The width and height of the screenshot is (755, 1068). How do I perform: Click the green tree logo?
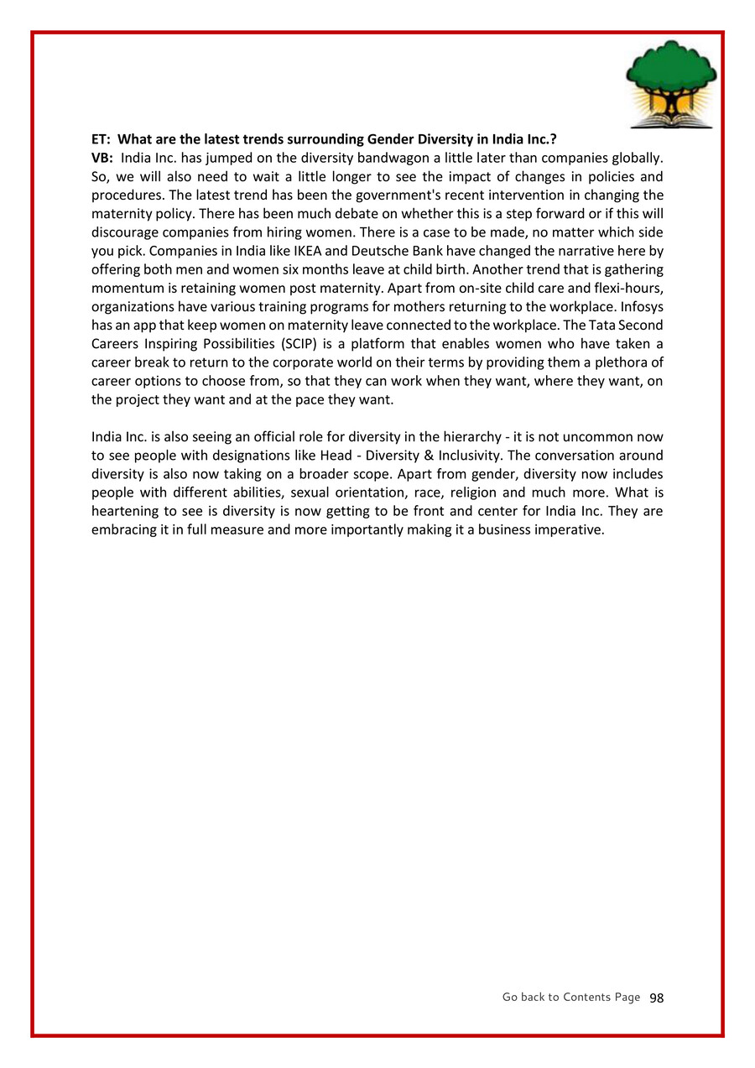(670, 84)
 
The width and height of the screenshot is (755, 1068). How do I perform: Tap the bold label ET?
(101, 138)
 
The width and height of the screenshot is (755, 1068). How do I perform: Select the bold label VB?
(102, 158)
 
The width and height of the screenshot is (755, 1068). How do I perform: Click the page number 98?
(656, 998)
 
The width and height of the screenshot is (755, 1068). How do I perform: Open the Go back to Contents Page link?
(570, 997)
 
